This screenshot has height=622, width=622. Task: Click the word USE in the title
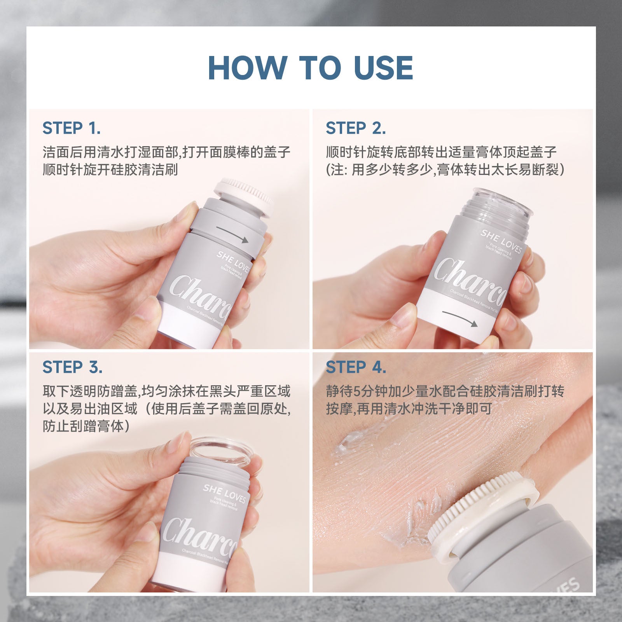coord(383,68)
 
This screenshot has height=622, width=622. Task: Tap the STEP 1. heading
coord(72,128)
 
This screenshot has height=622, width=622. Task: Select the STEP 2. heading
coord(356,128)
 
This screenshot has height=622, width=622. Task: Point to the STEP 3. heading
coord(72,367)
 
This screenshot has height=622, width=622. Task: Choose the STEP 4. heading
coord(356,367)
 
